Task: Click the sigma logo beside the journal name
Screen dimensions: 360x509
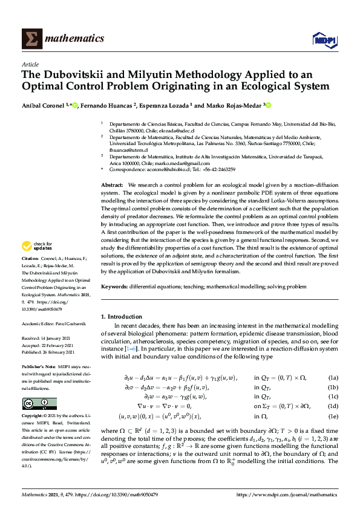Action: click(31, 39)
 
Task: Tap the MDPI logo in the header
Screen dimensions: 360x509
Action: click(324, 40)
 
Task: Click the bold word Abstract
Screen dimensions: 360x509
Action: click(112, 184)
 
